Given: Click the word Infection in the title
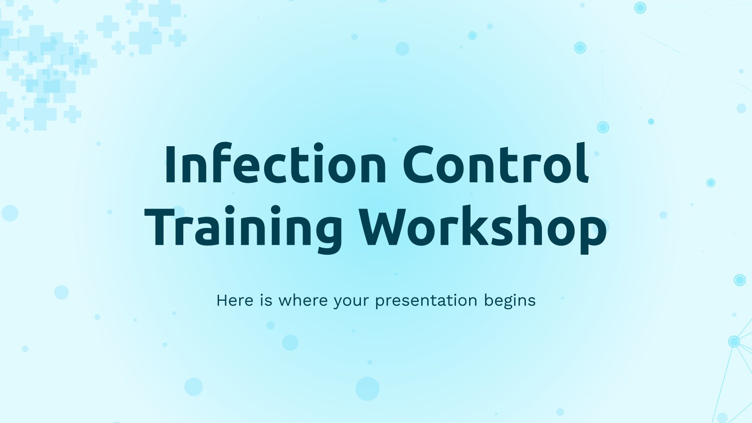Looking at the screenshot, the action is pyautogui.click(x=275, y=164).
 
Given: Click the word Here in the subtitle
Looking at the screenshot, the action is pyautogui.click(x=235, y=300).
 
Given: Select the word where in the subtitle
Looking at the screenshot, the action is pyautogui.click(x=303, y=300).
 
